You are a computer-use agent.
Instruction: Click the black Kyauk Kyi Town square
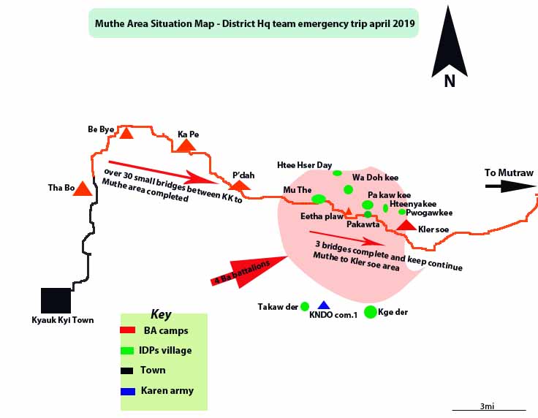click(56, 300)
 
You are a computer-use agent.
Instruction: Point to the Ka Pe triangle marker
click(186, 145)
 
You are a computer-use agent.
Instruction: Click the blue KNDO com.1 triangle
click(324, 305)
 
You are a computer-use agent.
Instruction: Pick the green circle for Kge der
click(371, 312)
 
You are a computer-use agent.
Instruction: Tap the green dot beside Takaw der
click(305, 306)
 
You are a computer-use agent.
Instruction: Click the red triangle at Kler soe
click(406, 224)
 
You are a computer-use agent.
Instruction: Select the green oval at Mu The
click(319, 199)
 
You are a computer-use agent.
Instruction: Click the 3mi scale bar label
click(488, 406)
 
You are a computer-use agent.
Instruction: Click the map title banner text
click(253, 23)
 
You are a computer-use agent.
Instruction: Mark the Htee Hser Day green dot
click(337, 173)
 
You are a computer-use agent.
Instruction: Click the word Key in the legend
click(161, 315)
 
